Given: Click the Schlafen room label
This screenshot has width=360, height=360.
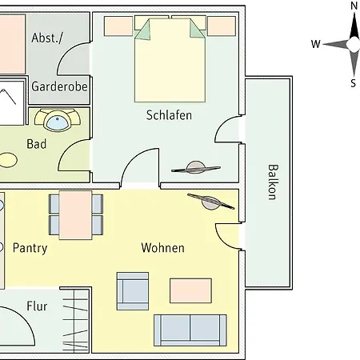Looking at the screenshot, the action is (x=169, y=115).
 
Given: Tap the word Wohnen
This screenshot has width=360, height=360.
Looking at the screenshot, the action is (x=162, y=248).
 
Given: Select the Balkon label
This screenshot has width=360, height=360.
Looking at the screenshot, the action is (x=274, y=182).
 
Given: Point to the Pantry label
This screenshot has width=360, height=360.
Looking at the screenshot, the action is (x=30, y=249).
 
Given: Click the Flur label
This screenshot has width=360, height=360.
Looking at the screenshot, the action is (x=37, y=306).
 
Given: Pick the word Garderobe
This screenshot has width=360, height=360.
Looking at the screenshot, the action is (x=59, y=86).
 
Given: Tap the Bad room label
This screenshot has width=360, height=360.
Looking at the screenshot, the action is (x=37, y=144).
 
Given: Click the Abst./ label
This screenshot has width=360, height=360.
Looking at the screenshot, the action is (x=47, y=38).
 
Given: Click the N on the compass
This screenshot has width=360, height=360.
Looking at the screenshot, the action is (x=354, y=6).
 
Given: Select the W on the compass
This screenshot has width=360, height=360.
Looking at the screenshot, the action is (x=316, y=44).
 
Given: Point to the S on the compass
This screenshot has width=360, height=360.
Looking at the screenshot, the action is (x=354, y=83).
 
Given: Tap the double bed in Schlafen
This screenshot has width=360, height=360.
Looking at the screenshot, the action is (x=170, y=59).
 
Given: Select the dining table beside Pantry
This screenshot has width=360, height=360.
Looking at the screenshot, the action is (x=76, y=214).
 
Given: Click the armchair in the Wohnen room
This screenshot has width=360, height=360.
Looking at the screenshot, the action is (x=133, y=291).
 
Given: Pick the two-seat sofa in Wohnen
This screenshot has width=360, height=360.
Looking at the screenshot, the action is (x=190, y=330).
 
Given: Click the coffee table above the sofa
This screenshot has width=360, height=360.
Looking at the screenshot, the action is (x=190, y=290).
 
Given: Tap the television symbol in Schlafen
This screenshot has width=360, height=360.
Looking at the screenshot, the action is (x=196, y=167).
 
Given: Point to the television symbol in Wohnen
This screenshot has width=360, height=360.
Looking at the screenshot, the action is (x=211, y=202).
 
